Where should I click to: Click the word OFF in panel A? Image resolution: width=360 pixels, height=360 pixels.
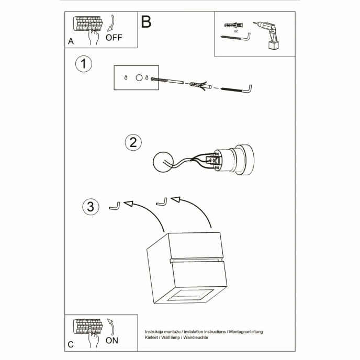click(114, 38)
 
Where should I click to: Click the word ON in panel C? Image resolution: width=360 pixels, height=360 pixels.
click(112, 340)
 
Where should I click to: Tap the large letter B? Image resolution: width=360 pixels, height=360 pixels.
click(146, 22)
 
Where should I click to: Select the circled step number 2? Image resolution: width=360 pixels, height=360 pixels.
click(133, 142)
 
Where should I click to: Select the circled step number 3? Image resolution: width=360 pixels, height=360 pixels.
click(91, 207)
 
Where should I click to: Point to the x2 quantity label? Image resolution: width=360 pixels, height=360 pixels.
click(236, 31)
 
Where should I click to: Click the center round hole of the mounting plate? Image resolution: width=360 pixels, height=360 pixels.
click(139, 78)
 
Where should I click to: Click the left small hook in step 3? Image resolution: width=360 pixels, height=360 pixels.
click(115, 206)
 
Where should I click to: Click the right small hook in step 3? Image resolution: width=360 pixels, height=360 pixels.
click(162, 202)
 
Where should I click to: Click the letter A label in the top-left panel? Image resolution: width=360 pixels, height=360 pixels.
click(71, 41)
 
